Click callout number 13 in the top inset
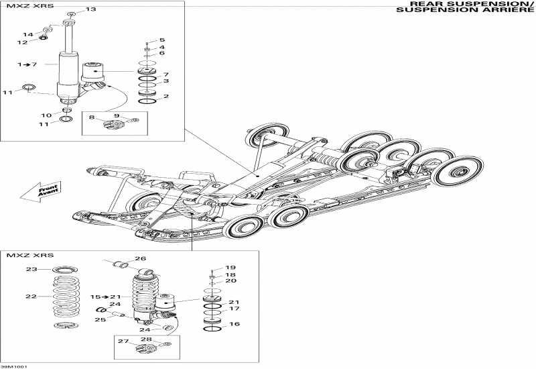coord(91,9)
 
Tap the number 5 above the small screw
coord(161,40)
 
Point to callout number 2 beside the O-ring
coord(165,97)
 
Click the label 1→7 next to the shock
coord(27,64)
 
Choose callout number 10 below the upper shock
coord(47,115)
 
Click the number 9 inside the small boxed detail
coord(115,117)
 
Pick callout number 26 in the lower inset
coord(140,258)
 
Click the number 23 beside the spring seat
coord(31,270)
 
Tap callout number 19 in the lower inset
coord(230,267)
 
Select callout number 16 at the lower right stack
coord(234,323)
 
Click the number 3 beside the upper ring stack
coord(165,81)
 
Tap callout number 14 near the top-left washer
coord(27,34)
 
